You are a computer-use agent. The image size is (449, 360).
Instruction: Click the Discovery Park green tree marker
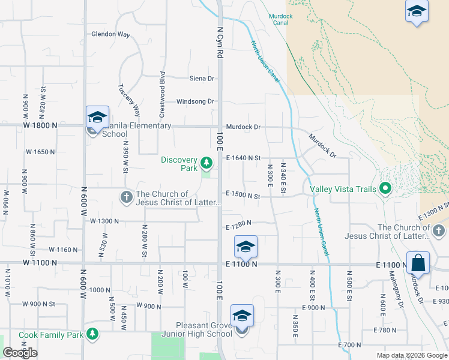[x=206, y=163]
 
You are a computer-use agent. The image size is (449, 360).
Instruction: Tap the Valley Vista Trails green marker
[x=386, y=190]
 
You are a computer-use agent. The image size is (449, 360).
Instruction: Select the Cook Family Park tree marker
[x=92, y=334]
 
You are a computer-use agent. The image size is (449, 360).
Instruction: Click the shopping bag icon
[x=418, y=263]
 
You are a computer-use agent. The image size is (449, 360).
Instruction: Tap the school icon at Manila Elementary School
[x=97, y=117]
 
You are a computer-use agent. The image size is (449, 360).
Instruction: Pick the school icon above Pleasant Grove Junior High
[x=242, y=316]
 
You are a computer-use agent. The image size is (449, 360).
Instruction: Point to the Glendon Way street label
[x=110, y=34]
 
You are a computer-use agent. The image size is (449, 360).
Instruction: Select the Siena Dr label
[x=202, y=79]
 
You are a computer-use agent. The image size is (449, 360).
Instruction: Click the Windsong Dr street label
[x=194, y=101]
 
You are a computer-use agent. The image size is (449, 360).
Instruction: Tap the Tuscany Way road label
[x=128, y=100]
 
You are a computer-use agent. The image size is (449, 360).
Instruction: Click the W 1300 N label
[x=104, y=221]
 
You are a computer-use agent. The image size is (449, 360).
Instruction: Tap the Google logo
[x=20, y=353]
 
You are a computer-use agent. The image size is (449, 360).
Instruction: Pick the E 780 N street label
[x=385, y=330]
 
